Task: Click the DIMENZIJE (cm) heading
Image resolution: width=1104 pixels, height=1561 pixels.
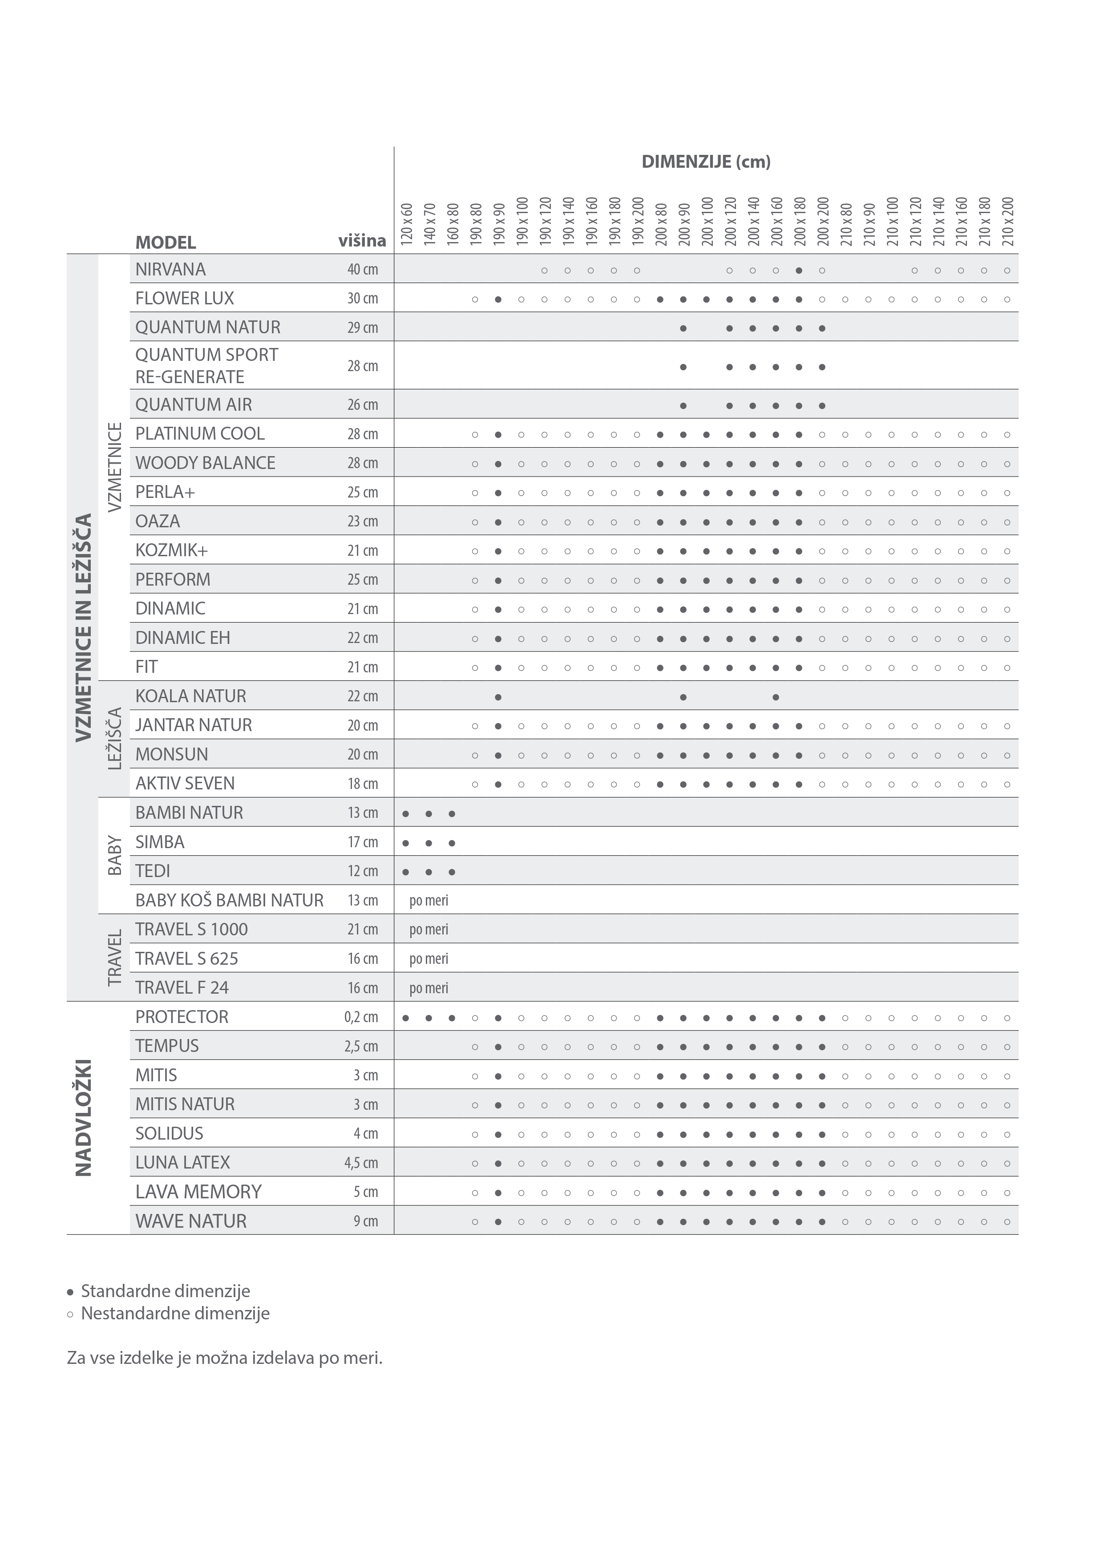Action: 706,162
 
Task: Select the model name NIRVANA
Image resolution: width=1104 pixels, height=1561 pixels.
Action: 170,269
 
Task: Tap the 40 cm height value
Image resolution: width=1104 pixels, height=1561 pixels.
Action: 362,269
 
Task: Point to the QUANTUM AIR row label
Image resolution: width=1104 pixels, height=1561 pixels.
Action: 194,404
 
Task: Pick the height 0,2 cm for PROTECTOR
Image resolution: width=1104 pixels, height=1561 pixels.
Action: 361,1017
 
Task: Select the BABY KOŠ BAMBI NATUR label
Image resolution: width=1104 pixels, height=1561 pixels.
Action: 229,900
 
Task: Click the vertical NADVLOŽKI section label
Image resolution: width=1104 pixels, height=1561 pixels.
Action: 83,1117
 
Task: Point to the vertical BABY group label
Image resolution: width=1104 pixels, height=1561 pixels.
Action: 115,855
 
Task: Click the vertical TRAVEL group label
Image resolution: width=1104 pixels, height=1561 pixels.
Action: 115,957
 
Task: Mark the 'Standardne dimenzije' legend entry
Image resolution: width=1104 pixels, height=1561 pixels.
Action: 165,1291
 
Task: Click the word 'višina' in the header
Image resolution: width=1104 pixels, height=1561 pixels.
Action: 362,241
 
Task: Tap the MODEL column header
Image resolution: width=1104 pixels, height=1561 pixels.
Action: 166,242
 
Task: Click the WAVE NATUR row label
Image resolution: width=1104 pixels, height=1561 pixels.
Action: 191,1221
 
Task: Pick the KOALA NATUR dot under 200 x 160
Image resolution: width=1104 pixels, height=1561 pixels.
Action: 776,697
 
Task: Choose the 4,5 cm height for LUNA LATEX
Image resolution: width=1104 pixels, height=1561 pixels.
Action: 361,1163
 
